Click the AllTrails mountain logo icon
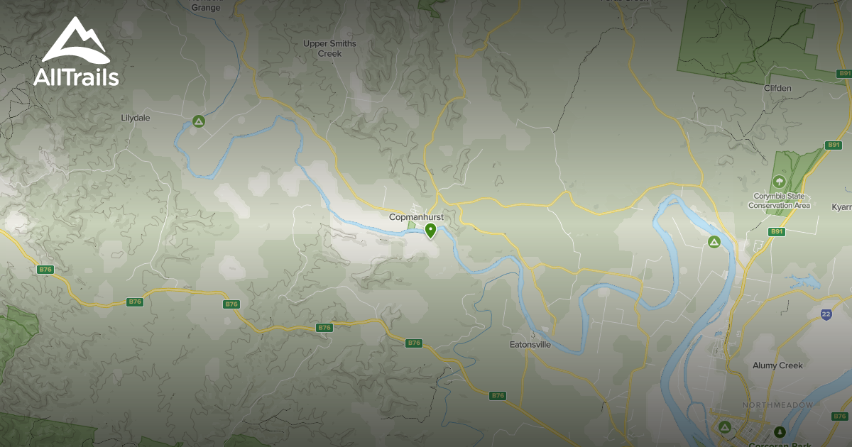click(76, 40)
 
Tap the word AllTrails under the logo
click(76, 77)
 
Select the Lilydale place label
click(136, 118)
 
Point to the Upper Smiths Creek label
click(329, 48)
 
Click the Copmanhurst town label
click(416, 216)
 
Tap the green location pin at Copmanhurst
click(430, 230)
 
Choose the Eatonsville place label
click(530, 345)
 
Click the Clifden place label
click(777, 88)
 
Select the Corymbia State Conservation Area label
click(779, 201)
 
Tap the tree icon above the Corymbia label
click(780, 182)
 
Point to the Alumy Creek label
click(777, 365)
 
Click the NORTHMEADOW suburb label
click(777, 405)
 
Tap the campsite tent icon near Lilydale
click(199, 121)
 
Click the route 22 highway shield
click(826, 314)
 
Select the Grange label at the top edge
click(206, 8)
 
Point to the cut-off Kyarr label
click(841, 206)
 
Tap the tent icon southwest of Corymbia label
click(714, 243)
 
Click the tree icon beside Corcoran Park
click(780, 431)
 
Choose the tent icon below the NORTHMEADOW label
click(724, 426)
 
